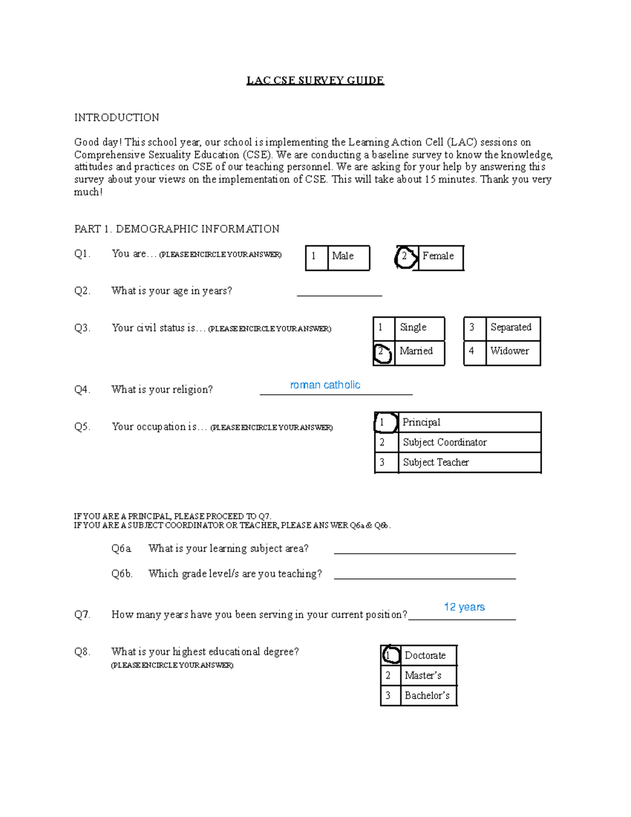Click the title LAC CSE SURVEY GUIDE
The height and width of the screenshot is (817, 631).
click(315, 80)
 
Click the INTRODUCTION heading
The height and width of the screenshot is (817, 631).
click(116, 117)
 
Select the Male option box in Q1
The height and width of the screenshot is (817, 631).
click(348, 257)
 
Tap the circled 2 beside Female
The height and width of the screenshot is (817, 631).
click(405, 257)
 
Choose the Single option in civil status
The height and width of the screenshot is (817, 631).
click(419, 328)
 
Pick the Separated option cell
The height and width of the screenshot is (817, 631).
click(512, 328)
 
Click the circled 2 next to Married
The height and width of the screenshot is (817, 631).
click(382, 352)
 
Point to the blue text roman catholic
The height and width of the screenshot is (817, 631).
click(325, 385)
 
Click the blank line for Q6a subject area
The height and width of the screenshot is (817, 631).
click(424, 549)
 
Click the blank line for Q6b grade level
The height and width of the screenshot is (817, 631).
click(424, 574)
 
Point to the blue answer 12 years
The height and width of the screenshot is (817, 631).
click(464, 607)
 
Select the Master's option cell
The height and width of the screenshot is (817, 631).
click(428, 675)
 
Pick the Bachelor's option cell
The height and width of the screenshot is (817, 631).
click(428, 695)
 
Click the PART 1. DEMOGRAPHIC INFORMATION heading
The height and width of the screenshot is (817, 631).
click(177, 229)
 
